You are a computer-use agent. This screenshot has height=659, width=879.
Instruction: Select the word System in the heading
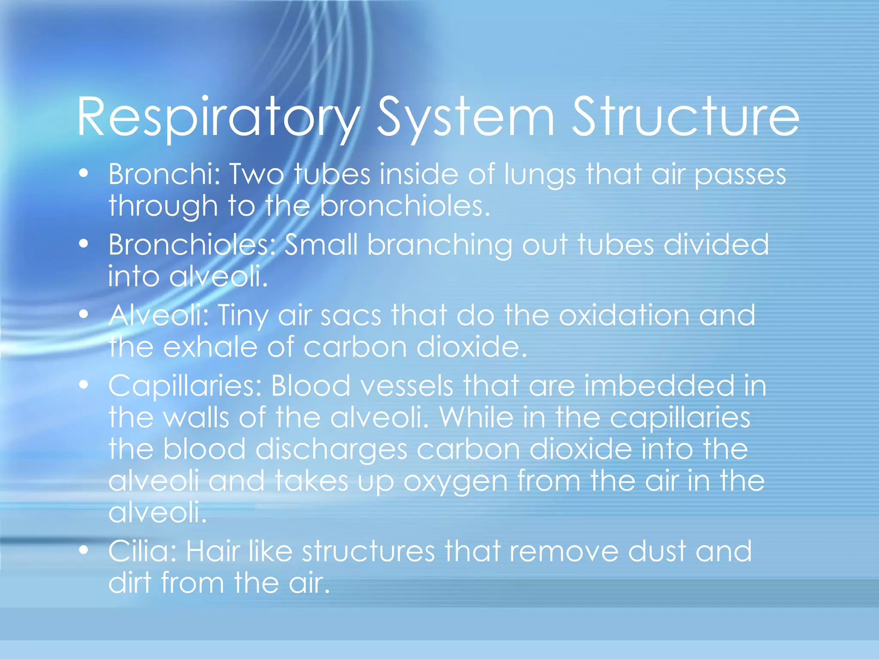point(466,118)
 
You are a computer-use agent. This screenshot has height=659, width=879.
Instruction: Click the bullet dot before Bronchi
point(84,173)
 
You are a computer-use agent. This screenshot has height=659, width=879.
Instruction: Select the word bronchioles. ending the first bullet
point(405,206)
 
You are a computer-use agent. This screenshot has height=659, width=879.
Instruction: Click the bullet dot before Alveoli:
point(84,314)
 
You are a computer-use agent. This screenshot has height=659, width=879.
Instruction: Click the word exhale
point(210,347)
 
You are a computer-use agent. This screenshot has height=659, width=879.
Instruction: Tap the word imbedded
point(659,385)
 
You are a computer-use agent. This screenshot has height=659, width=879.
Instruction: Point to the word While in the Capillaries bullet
point(476,417)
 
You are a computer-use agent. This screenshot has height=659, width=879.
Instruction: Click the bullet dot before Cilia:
point(84,550)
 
